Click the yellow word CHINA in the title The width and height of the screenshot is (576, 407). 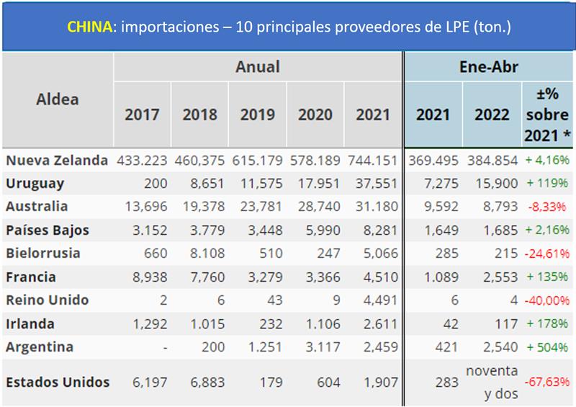tap(90, 27)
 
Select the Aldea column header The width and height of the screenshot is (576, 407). tap(58, 99)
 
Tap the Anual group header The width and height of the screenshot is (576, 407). tap(257, 67)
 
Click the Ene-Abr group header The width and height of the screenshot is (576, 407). tap(489, 67)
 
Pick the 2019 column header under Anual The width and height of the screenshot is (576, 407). tap(258, 115)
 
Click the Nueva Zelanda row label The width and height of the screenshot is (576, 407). tap(57, 160)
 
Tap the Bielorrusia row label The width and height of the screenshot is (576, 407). tap(42, 254)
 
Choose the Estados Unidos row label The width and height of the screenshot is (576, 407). tap(58, 382)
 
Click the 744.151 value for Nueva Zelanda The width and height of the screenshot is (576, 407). tap(372, 160)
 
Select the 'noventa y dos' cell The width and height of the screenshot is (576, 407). tap(492, 383)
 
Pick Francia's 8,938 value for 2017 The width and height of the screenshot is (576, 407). tap(151, 277)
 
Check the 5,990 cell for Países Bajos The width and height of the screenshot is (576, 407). tap(315, 231)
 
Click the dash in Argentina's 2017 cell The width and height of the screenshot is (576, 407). tap(165, 347)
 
